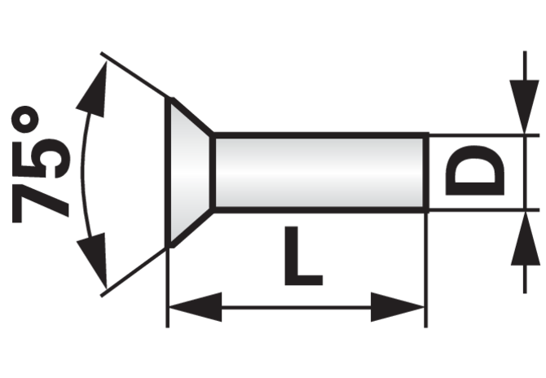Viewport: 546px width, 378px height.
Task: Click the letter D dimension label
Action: point(475,170)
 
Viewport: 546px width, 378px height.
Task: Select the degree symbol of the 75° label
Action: point(25,120)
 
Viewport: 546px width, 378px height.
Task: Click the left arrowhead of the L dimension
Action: point(195,307)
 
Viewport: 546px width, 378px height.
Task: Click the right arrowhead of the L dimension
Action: point(397,307)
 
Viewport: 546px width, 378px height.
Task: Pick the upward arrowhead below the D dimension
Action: point(525,239)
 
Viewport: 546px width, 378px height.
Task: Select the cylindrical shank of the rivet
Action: point(320,173)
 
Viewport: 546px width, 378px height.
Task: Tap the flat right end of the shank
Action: point(426,173)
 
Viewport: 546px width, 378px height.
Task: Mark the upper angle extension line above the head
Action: point(134,74)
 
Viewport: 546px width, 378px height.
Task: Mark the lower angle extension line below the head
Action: point(134,272)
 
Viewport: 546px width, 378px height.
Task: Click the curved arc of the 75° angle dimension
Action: point(83,173)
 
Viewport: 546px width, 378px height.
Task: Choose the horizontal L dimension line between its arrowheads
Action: point(296,307)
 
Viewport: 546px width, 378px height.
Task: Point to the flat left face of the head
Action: point(168,173)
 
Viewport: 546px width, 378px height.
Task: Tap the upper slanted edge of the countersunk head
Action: point(192,116)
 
